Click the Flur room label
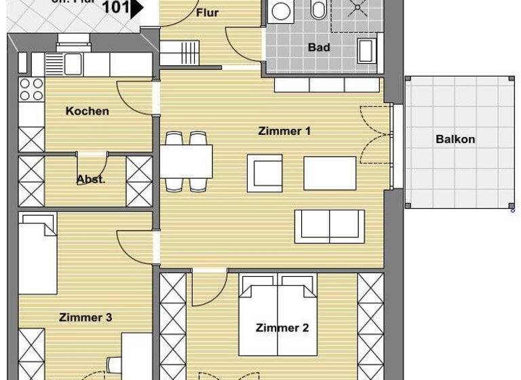point(207,12)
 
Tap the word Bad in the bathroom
point(319,47)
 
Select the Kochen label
point(87,111)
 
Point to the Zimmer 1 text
point(284,131)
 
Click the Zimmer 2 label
point(282,328)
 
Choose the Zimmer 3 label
point(85,317)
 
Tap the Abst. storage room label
point(90,180)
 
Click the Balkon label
point(455,139)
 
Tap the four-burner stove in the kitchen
point(31,90)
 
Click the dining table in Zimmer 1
point(186,160)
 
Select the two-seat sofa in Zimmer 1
point(328,224)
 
